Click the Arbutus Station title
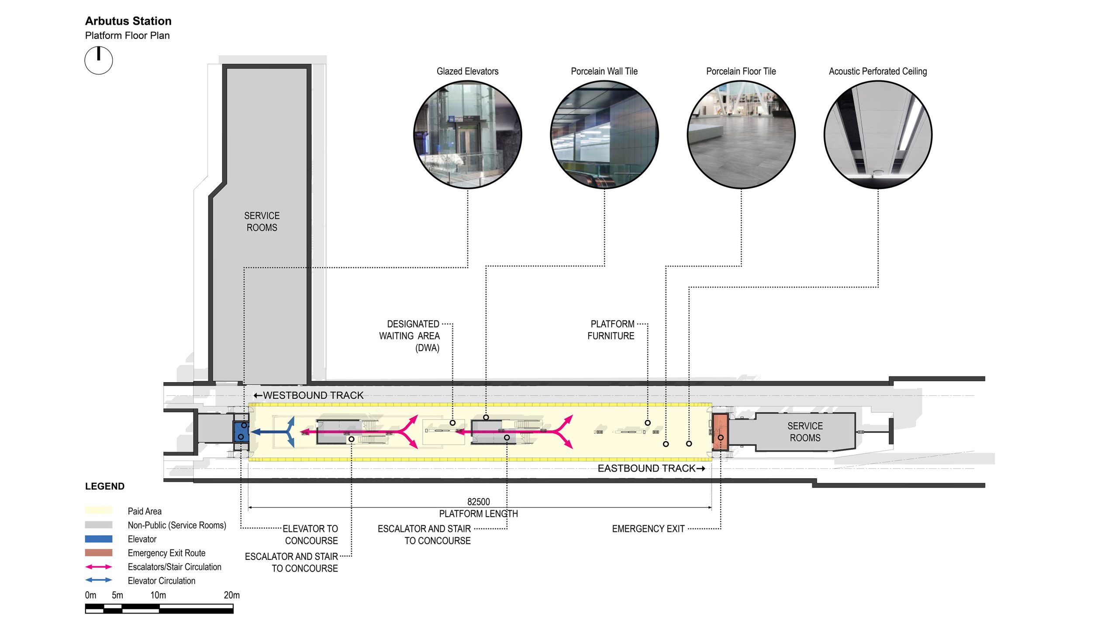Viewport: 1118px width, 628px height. coord(128,21)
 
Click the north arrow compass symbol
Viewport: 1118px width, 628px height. coord(99,60)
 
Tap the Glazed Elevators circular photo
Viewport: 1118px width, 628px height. coord(467,135)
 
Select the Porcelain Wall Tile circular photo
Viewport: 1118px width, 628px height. coord(604,135)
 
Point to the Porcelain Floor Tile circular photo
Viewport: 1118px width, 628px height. coord(741,135)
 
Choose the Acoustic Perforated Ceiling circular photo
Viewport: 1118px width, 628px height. coord(878,135)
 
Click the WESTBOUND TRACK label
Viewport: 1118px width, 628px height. coord(309,395)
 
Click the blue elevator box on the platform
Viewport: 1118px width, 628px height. coord(241,431)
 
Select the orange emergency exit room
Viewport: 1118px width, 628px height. coord(720,431)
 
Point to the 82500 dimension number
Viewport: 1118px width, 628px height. coord(479,502)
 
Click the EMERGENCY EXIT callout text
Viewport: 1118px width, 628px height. coord(648,529)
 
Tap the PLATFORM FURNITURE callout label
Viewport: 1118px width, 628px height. coord(611,330)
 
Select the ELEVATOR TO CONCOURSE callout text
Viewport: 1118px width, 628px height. coord(311,535)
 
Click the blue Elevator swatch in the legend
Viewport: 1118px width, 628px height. coord(99,539)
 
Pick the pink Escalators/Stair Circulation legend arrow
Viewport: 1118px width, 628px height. coord(99,567)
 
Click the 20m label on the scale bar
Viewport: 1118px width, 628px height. coord(231,595)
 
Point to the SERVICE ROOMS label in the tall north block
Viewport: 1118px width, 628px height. coord(262,221)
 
